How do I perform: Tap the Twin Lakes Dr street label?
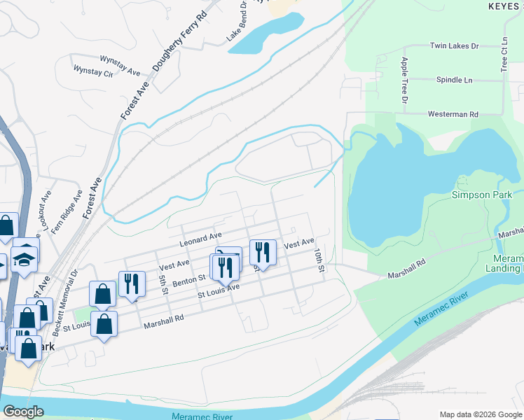point(454,46)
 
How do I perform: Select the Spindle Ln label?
point(454,80)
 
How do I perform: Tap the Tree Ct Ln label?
point(504,55)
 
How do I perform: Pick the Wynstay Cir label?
point(93,71)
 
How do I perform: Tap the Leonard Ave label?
point(200,239)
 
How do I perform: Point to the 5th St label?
point(163,284)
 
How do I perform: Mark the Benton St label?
point(188,279)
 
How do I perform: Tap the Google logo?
point(23,412)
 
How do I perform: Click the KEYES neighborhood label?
point(505,5)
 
